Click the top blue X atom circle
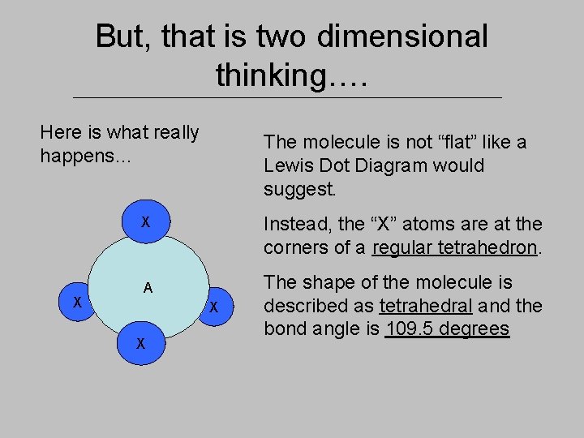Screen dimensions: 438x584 (x=145, y=221)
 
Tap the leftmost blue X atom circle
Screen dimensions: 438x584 (x=77, y=302)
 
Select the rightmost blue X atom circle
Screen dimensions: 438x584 (x=214, y=307)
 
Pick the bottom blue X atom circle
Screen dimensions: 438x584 (x=141, y=343)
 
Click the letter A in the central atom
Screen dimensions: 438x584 (x=148, y=287)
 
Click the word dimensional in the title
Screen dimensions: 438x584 (x=403, y=36)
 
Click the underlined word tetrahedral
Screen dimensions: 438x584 (x=425, y=306)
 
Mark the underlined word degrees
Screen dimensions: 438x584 (x=477, y=329)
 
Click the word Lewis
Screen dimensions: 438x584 (x=286, y=166)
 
